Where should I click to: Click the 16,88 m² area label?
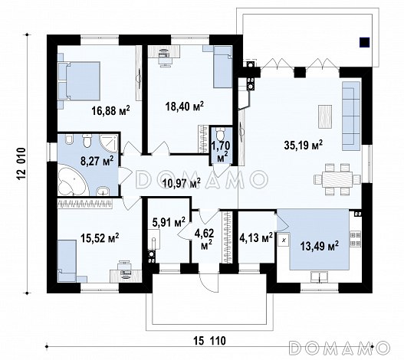click(110, 111)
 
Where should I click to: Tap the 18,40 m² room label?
click(185, 106)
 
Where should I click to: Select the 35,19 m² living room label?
click(304, 145)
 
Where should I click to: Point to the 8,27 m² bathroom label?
click(97, 161)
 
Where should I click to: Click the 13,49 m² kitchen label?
click(319, 246)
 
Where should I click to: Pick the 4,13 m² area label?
click(256, 237)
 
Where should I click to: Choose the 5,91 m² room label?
click(169, 222)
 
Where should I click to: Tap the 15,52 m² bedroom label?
click(100, 238)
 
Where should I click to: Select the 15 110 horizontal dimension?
click(209, 341)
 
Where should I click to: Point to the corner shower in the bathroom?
click(108, 143)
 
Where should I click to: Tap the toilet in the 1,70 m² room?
click(220, 133)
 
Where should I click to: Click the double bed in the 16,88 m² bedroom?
click(79, 81)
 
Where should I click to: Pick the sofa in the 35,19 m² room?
click(351, 116)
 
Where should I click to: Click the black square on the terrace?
click(365, 42)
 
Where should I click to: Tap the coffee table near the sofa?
click(325, 116)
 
